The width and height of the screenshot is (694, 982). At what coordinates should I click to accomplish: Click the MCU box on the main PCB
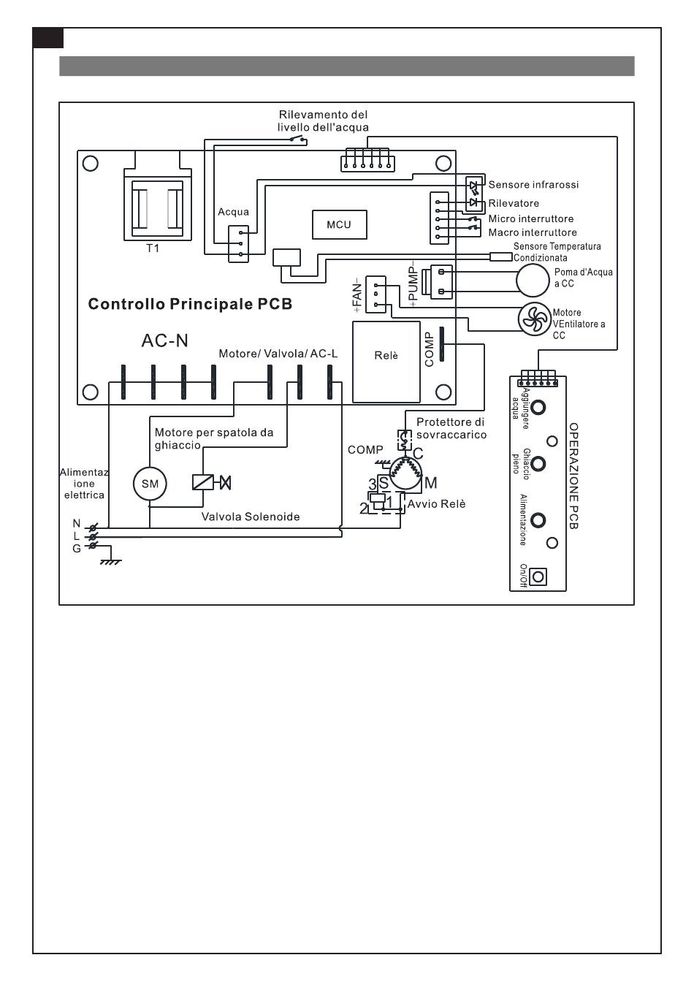point(339,225)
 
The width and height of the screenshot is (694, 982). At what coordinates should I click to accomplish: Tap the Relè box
point(386,362)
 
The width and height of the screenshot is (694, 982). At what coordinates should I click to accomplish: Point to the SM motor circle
point(150,484)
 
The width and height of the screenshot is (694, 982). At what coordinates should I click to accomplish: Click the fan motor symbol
point(534,319)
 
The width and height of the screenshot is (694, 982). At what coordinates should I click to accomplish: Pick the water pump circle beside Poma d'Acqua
point(533,279)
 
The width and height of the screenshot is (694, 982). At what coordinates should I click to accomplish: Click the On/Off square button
point(538,577)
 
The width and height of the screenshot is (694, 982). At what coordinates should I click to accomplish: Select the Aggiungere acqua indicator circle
point(538,407)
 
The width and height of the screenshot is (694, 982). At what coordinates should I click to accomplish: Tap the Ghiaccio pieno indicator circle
point(538,463)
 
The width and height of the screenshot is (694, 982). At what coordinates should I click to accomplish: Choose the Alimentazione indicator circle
point(538,520)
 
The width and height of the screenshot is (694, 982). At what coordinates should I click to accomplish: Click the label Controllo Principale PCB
point(190,304)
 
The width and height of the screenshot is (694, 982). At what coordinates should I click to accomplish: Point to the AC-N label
point(164,340)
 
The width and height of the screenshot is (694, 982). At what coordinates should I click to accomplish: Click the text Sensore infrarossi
point(533,185)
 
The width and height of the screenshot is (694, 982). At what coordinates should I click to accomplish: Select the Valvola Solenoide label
point(251,517)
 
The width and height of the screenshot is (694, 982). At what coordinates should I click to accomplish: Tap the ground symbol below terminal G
point(110,561)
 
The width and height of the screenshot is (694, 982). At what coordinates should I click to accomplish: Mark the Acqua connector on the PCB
point(238,243)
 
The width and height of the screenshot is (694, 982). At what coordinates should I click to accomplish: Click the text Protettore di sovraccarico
point(451,428)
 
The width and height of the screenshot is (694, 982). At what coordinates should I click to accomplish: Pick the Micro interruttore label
point(531,218)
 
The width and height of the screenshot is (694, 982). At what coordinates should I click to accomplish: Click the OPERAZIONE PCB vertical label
point(573,476)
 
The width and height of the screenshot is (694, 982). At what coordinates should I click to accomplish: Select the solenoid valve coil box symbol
point(203,482)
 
